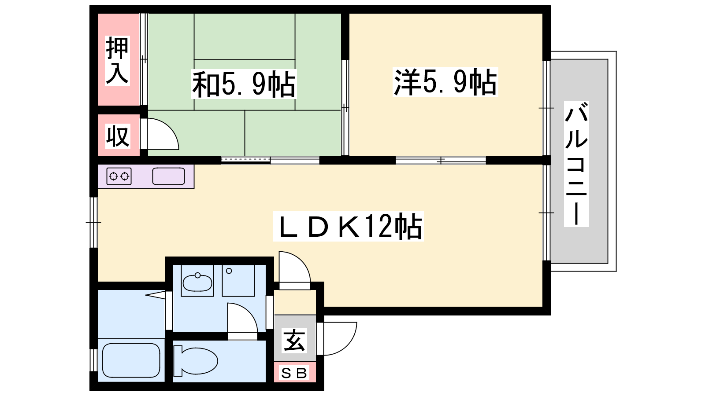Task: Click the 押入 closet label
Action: [x=117, y=61]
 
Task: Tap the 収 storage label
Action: [x=118, y=136]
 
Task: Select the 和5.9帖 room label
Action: [x=244, y=84]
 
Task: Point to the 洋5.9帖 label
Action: [x=445, y=82]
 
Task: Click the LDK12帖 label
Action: [x=348, y=226]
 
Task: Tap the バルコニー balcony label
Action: [x=576, y=164]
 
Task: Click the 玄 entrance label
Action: [x=294, y=341]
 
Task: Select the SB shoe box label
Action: [x=293, y=374]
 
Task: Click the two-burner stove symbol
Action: [x=119, y=176]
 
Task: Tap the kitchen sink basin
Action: [x=168, y=176]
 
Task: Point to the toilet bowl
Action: [x=196, y=361]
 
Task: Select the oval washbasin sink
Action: [x=197, y=282]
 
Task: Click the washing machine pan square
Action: [x=238, y=280]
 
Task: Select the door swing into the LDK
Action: [x=294, y=270]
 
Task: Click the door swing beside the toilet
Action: [x=242, y=321]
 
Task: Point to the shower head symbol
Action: [x=156, y=295]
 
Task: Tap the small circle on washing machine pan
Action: [x=229, y=271]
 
